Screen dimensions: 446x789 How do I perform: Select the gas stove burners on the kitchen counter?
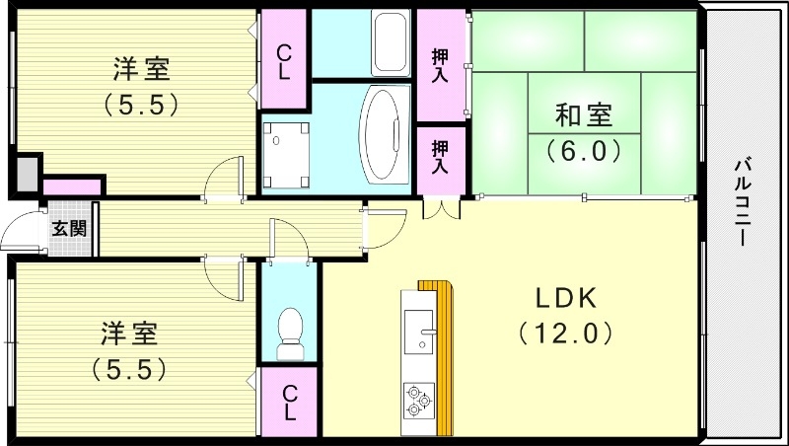coord(418,399)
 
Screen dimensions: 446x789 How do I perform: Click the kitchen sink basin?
coord(418,326)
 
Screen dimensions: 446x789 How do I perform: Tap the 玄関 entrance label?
coord(69,229)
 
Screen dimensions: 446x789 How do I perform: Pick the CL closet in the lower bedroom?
coord(289,402)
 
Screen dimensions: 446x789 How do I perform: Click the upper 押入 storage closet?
coord(440,59)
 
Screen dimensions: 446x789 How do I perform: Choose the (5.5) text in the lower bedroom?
coord(128,367)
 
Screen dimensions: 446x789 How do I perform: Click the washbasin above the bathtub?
coord(391,41)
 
